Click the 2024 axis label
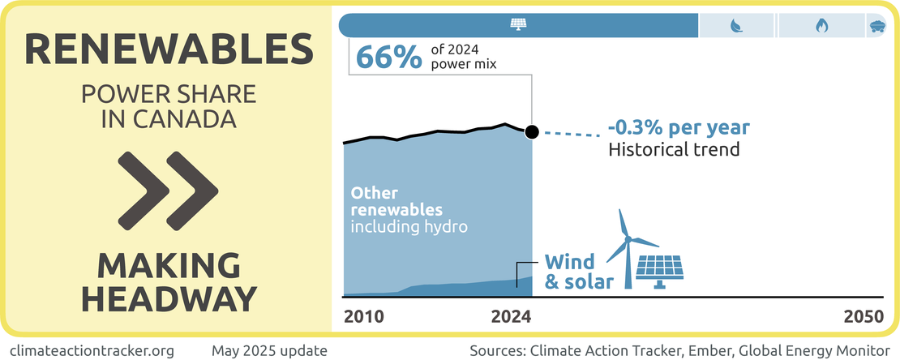511,317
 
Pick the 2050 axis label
862,317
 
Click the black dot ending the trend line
532,132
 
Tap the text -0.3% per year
679,128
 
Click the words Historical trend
674,150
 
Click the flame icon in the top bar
821,25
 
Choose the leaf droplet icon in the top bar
736,25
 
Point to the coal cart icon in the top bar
877,25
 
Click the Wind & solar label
570,272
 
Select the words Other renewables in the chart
396,202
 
